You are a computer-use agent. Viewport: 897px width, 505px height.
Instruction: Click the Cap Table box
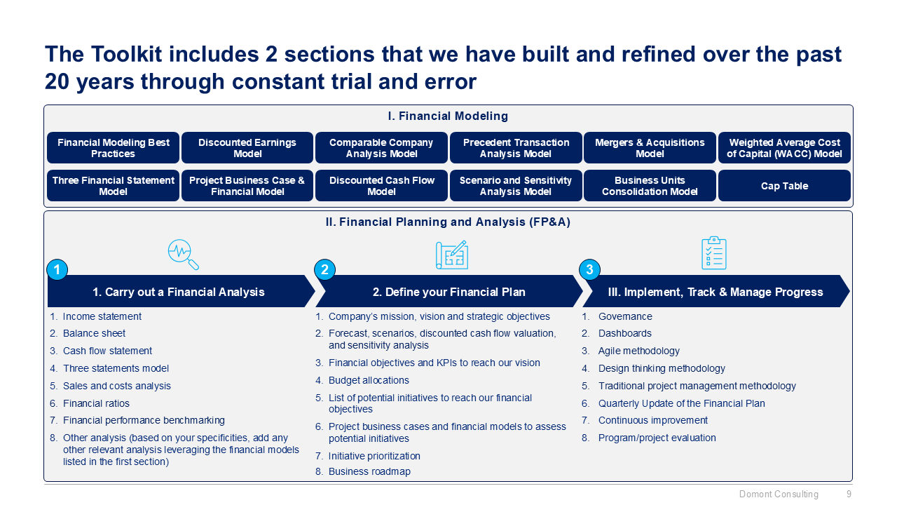(784, 186)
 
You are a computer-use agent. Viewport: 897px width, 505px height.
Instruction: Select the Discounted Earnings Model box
(247, 148)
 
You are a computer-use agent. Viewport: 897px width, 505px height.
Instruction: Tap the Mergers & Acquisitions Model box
(650, 148)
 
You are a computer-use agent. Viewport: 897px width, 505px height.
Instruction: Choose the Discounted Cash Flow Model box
(381, 186)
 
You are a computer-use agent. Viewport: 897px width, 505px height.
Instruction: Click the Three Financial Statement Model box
(114, 186)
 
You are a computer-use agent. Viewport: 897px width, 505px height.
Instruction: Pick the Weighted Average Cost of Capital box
(784, 148)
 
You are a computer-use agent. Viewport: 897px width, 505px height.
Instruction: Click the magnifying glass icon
(183, 255)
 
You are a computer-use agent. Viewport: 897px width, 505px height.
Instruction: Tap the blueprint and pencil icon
(451, 255)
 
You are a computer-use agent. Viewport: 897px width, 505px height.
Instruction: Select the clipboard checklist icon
(714, 253)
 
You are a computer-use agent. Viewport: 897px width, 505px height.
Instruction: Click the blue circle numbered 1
(57, 270)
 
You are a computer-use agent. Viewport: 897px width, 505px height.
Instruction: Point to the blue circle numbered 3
(589, 270)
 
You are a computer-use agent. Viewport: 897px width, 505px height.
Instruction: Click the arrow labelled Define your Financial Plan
(448, 292)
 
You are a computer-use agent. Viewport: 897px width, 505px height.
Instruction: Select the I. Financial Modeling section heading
(448, 116)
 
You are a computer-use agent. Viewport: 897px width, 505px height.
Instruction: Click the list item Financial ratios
(96, 403)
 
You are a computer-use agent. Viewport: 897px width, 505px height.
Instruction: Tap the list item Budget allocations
(369, 380)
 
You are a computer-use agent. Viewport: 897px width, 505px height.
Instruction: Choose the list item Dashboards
(624, 333)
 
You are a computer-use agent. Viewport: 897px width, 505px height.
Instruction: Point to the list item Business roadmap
(369, 471)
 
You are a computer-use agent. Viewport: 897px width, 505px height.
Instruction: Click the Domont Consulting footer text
(779, 494)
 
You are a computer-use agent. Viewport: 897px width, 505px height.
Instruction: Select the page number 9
(849, 494)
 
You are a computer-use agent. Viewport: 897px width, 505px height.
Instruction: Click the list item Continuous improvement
(652, 420)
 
